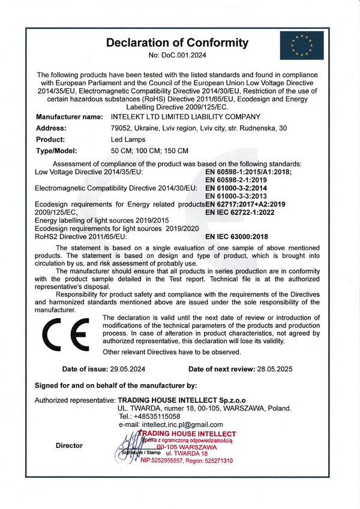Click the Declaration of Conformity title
[176, 43]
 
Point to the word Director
[69, 445]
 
